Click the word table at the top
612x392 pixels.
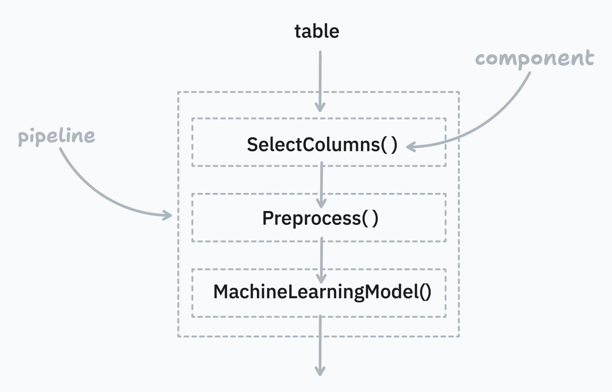(x=317, y=31)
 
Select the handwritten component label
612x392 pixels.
(x=534, y=59)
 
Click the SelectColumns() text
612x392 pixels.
(x=322, y=145)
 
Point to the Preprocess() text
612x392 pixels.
(x=320, y=218)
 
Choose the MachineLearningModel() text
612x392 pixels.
(x=322, y=292)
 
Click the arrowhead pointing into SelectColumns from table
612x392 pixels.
(x=320, y=107)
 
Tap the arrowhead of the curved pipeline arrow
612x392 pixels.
(x=168, y=215)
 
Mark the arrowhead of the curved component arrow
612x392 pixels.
(x=410, y=146)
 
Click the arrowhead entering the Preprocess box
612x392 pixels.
(x=321, y=203)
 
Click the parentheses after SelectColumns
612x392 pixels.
(x=389, y=145)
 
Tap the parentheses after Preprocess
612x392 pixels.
(x=370, y=218)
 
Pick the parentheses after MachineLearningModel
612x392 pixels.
(x=425, y=292)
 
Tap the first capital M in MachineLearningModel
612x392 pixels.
(x=222, y=292)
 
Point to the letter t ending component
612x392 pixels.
(x=589, y=58)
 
